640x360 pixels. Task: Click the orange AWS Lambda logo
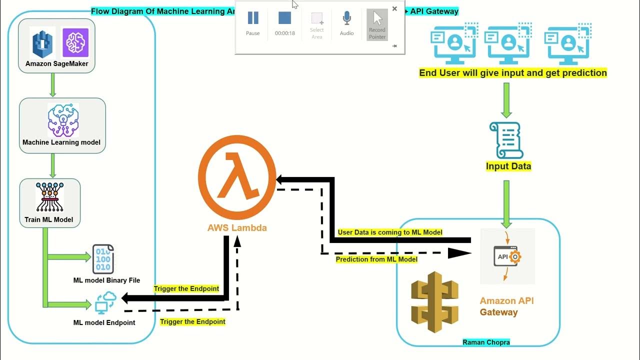(237, 177)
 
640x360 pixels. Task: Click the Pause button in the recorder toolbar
(253, 19)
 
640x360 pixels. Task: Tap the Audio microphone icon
(346, 19)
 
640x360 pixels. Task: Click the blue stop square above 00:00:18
(284, 18)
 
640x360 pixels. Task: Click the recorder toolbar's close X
(394, 8)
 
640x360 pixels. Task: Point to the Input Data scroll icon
(506, 140)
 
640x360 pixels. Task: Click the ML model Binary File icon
(103, 259)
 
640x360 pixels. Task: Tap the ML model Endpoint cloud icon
(105, 302)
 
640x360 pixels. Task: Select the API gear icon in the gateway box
(508, 256)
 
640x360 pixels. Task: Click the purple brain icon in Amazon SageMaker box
(75, 42)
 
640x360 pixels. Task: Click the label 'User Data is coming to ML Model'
(390, 232)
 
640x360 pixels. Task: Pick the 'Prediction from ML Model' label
(376, 259)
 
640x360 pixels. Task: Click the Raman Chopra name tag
(486, 342)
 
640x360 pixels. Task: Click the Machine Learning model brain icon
(63, 120)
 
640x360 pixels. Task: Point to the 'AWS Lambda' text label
(237, 228)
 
